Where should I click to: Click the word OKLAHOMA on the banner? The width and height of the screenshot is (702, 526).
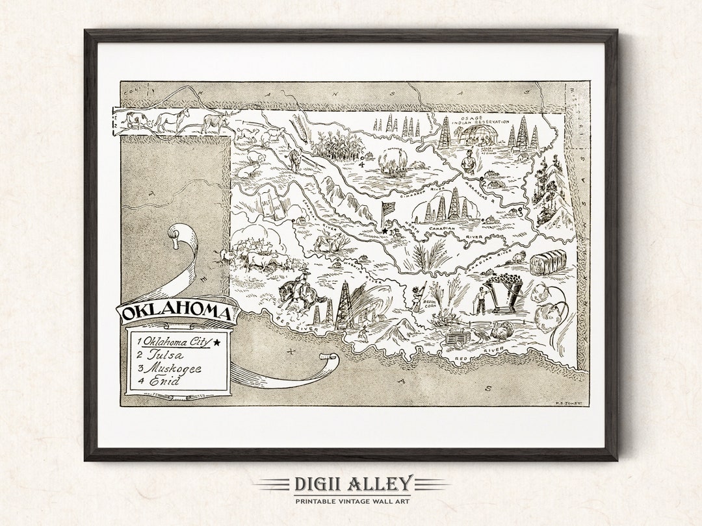click(177, 313)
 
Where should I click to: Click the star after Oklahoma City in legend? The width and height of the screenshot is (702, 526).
click(217, 342)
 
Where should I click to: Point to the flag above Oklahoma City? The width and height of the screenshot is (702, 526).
click(387, 210)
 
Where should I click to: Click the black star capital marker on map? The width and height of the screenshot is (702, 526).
click(384, 231)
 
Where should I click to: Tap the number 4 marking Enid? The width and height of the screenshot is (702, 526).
click(361, 163)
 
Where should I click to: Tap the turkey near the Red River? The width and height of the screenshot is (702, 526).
click(500, 331)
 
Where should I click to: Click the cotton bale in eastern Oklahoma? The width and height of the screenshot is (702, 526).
click(547, 262)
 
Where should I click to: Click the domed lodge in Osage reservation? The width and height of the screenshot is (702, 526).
click(478, 134)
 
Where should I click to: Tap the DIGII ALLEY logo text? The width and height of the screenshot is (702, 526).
click(352, 484)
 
